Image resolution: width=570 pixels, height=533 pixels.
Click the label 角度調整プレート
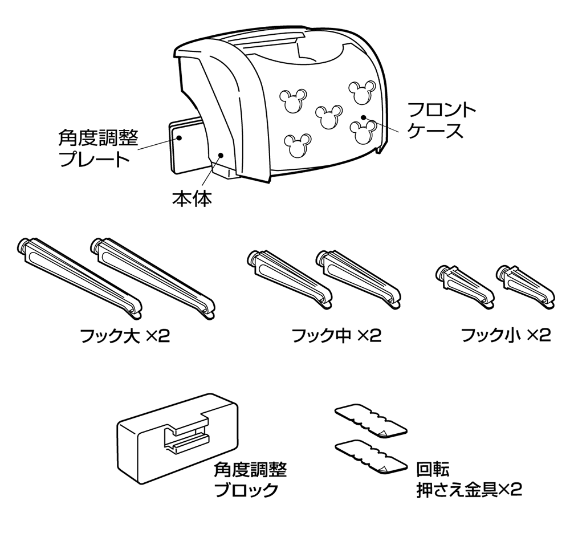[98, 148]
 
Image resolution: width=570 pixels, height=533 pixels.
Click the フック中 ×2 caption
[336, 335]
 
